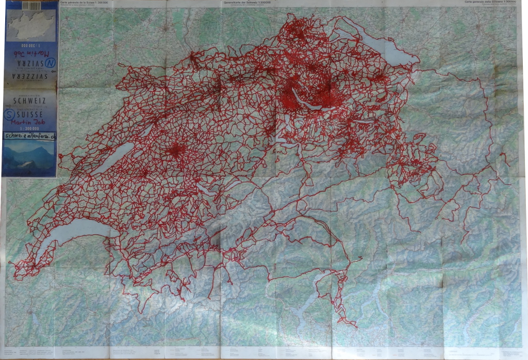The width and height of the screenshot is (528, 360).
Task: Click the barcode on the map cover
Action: point(31,6)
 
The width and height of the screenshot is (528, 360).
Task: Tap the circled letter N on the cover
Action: point(51,63)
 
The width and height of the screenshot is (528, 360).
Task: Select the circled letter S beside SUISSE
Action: point(9,114)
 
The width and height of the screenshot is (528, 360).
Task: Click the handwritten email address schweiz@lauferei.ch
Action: point(30,136)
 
